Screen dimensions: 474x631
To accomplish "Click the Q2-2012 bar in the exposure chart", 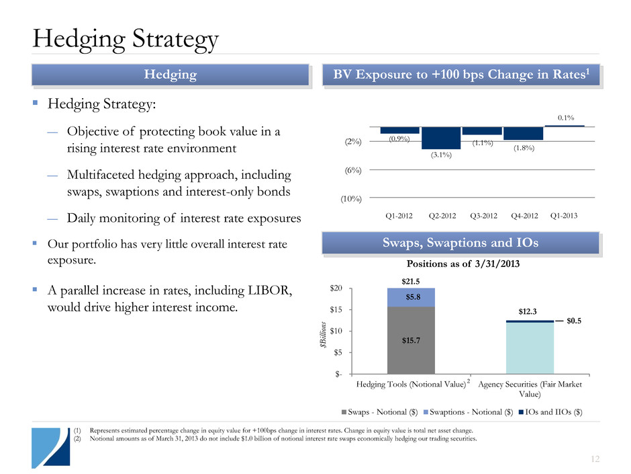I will (x=441, y=138).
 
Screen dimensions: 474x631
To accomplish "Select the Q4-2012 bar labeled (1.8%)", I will (x=523, y=133).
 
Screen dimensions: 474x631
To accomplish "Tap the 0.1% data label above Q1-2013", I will (x=565, y=118).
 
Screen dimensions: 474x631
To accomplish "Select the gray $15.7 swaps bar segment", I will (x=411, y=340).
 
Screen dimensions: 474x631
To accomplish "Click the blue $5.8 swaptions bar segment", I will (x=411, y=297).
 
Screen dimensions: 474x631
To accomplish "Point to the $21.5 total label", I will (x=411, y=279).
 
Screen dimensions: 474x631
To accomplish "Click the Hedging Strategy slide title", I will (x=126, y=38).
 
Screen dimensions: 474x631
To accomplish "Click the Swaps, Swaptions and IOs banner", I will (x=460, y=243).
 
